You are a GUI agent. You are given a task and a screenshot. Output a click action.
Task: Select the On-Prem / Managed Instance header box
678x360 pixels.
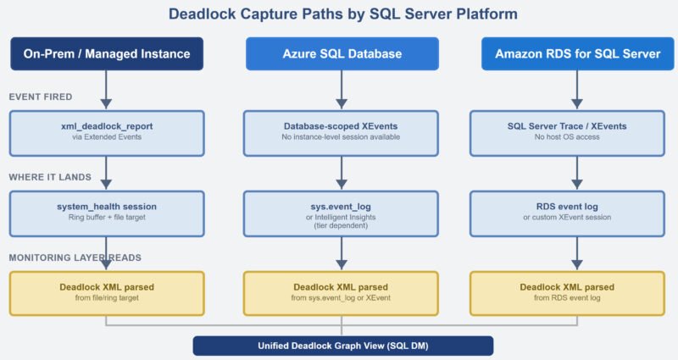(107, 53)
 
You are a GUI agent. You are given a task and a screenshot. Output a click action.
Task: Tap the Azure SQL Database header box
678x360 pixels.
(342, 53)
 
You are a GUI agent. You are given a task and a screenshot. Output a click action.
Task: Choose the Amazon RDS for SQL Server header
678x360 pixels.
(577, 53)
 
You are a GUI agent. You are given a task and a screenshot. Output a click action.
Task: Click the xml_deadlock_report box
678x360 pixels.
(107, 131)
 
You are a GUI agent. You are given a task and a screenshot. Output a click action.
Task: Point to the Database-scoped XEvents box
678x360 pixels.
(342, 131)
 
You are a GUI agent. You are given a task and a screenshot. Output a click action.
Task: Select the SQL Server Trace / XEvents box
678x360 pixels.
(577, 131)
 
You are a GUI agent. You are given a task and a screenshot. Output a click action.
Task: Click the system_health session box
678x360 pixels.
(107, 212)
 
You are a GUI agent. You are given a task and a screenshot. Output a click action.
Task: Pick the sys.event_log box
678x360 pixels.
(342, 212)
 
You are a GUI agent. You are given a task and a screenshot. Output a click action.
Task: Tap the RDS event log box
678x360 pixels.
(577, 212)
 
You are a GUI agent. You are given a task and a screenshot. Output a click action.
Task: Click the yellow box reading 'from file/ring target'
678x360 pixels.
(107, 292)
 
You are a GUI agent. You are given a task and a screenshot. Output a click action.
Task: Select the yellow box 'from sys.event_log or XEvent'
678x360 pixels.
(342, 292)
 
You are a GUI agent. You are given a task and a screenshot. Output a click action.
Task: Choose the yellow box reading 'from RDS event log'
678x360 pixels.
(577, 292)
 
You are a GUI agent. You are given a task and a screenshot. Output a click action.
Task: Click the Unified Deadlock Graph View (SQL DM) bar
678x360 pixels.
(342, 346)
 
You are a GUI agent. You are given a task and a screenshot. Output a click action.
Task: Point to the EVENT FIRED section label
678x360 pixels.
(41, 97)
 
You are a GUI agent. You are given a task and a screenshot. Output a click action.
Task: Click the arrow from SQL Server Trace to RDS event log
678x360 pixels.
(577, 173)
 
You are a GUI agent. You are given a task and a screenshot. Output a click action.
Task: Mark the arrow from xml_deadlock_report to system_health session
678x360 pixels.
(107, 173)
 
